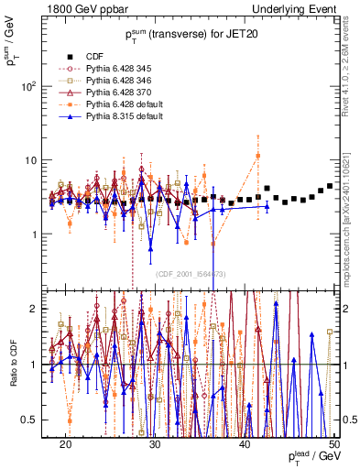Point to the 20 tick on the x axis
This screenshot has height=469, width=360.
pyautogui.click(x=65, y=443)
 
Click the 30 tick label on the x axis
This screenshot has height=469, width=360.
pyautogui.click(x=155, y=443)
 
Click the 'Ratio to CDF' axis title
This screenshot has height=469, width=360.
pyautogui.click(x=12, y=364)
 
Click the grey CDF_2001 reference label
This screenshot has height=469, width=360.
pyautogui.click(x=191, y=273)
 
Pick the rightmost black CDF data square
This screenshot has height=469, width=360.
pyautogui.click(x=330, y=186)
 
